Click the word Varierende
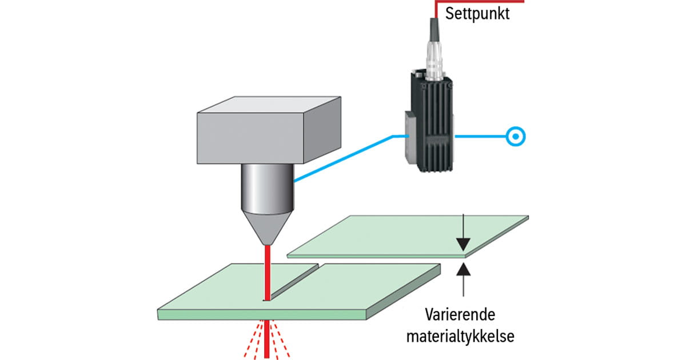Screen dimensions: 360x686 click(460, 314)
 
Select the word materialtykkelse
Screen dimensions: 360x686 click(460, 336)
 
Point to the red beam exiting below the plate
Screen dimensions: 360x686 click(268, 340)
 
